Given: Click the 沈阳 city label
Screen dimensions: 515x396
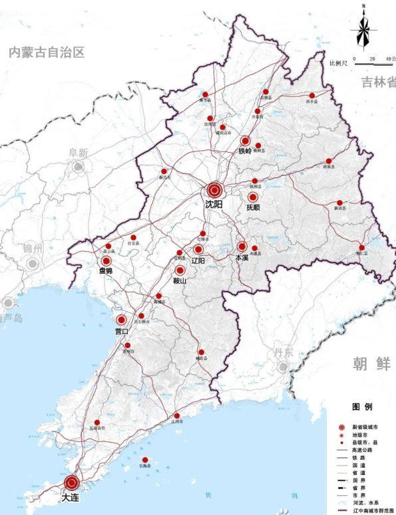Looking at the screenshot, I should [214, 206].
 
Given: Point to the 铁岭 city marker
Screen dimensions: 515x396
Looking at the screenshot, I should [246, 141].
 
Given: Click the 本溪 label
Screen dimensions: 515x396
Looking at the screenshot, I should [241, 257].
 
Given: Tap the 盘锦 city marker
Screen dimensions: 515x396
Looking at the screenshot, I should [106, 261].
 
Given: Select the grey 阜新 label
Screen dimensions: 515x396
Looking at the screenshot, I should [79, 153].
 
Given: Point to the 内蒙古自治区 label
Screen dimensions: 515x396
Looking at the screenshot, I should [47, 52].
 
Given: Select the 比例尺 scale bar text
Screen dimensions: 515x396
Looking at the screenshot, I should [340, 63].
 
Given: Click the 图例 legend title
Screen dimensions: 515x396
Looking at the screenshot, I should [361, 407].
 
